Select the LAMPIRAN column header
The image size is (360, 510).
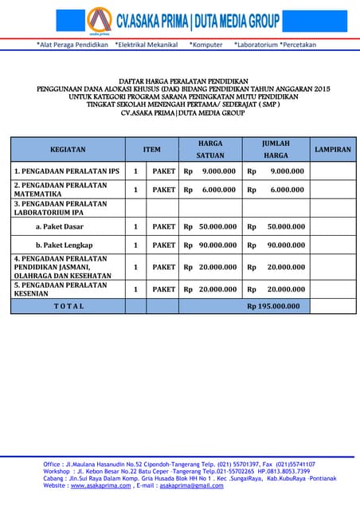click(x=333, y=149)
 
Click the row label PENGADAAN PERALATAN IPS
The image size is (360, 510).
click(x=67, y=171)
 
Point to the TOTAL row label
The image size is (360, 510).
click(x=68, y=306)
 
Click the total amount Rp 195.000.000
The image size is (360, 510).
click(x=273, y=306)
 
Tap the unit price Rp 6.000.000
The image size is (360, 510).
click(x=210, y=190)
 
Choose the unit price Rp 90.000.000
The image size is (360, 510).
click(x=210, y=245)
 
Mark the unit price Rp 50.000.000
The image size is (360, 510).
click(x=210, y=227)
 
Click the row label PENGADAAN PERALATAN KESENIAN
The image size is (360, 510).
click(x=61, y=289)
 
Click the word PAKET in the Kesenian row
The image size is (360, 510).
click(x=164, y=289)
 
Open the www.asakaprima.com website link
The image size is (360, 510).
click(x=100, y=485)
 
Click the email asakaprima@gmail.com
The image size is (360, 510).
click(x=191, y=485)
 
